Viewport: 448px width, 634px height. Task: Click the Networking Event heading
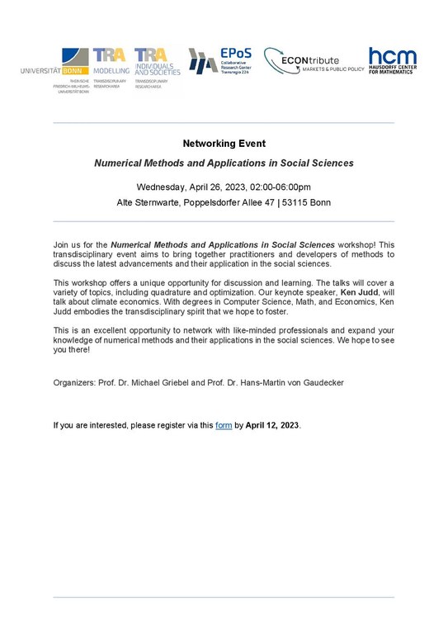[223, 144]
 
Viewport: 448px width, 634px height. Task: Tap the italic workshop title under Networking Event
[224, 163]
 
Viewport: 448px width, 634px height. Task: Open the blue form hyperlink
[224, 426]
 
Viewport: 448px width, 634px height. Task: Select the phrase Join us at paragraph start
[66, 245]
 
